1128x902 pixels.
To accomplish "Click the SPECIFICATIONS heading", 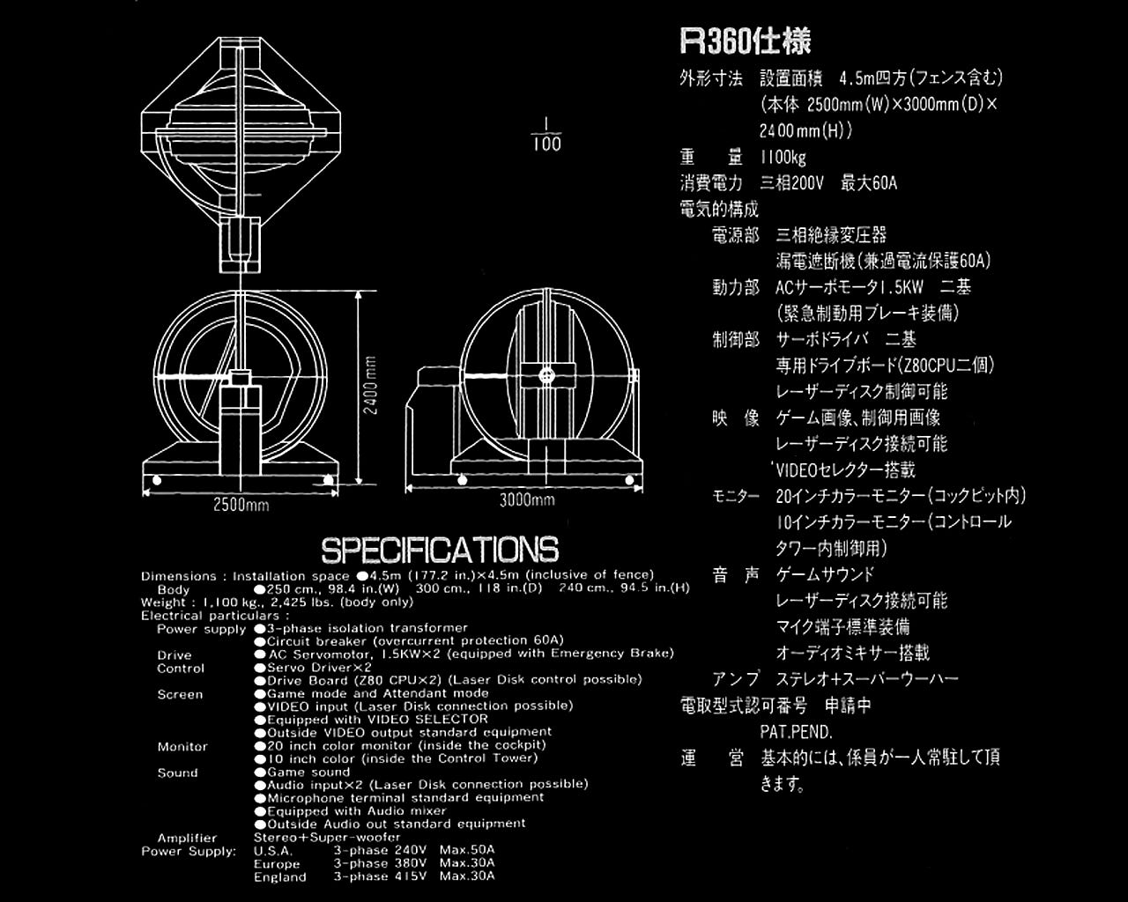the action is pyautogui.click(x=440, y=550).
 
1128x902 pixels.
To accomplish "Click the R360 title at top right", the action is pyautogui.click(x=746, y=41).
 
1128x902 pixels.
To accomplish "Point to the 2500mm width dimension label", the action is pyautogui.click(x=241, y=505).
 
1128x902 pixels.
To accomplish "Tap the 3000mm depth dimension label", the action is pyautogui.click(x=527, y=500).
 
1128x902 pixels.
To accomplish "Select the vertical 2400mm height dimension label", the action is pyautogui.click(x=371, y=385).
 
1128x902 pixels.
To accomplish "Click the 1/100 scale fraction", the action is pyautogui.click(x=546, y=135).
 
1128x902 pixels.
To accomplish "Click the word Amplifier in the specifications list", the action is pyautogui.click(x=187, y=838).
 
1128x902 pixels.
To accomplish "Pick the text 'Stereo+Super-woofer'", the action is pyautogui.click(x=327, y=837).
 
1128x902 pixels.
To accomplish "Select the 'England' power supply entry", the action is pyautogui.click(x=280, y=876).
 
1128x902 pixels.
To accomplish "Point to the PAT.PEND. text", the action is pyautogui.click(x=796, y=731).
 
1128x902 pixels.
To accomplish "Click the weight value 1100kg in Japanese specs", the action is pyautogui.click(x=783, y=158).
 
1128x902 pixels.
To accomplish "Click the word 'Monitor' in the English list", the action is pyautogui.click(x=182, y=746).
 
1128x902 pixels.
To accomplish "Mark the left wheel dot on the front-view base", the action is pyautogui.click(x=157, y=480).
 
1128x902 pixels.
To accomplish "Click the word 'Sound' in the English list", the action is pyautogui.click(x=177, y=773).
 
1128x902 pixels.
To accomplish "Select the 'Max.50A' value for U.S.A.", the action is pyautogui.click(x=467, y=850).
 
